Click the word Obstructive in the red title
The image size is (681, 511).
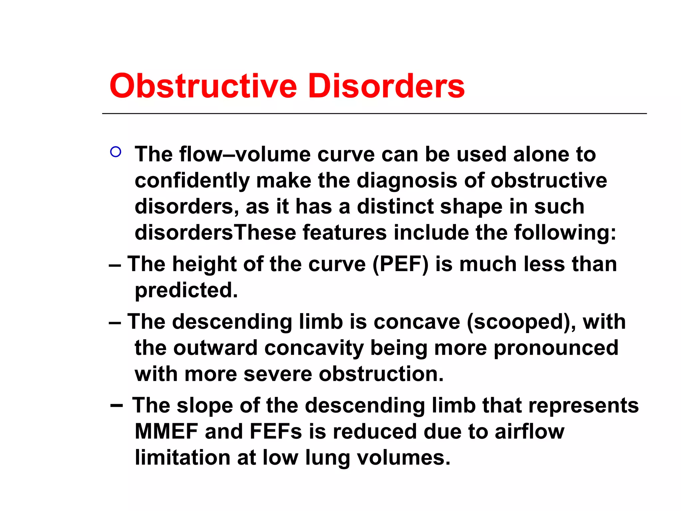click(x=203, y=86)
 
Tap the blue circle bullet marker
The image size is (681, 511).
click(x=115, y=152)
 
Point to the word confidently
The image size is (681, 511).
click(x=192, y=181)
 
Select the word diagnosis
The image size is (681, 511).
click(x=407, y=181)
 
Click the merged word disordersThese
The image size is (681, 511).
click(x=215, y=232)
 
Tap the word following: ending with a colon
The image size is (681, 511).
click(x=565, y=232)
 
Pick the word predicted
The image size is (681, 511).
click(x=186, y=290)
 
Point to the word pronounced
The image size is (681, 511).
click(x=556, y=348)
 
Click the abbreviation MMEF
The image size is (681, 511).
click(x=166, y=431)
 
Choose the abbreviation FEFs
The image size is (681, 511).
click(x=276, y=431)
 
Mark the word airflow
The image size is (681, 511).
click(x=529, y=431)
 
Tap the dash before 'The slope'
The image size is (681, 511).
click(x=116, y=406)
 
